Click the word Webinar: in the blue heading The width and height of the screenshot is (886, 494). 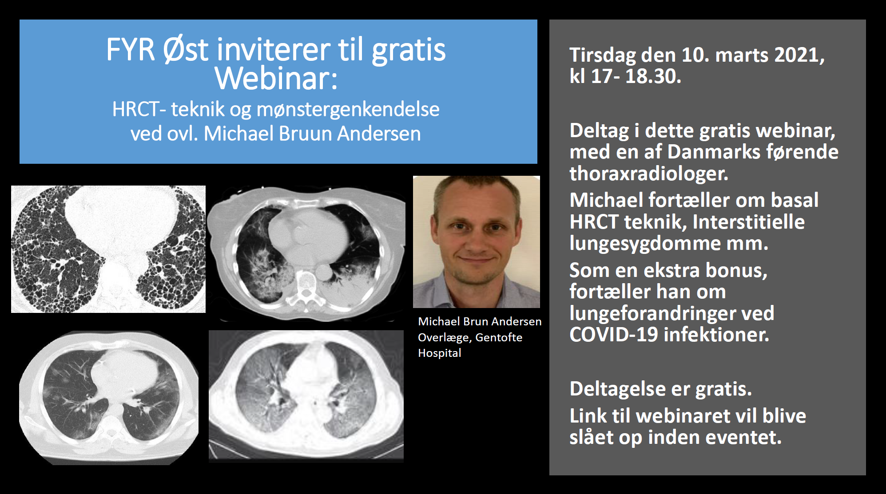[276, 78]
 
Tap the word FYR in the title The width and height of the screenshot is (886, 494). [130, 49]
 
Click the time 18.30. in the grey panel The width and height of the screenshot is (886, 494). [653, 76]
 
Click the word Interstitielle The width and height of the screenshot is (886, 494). [748, 222]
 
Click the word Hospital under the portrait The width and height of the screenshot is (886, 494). [440, 353]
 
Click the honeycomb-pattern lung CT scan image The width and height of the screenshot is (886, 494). [108, 249]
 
